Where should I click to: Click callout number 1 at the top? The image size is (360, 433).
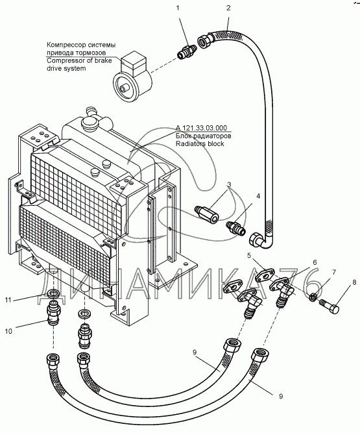[x=178, y=8]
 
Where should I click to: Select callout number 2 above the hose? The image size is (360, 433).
[x=228, y=8]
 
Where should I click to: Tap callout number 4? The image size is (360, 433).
[x=258, y=196]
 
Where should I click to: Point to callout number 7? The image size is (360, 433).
[x=334, y=273]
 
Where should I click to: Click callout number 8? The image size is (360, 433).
[x=354, y=282]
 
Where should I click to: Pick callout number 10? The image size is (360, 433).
[x=8, y=331]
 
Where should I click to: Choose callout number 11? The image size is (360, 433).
[x=8, y=300]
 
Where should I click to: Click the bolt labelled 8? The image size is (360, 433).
[x=330, y=306]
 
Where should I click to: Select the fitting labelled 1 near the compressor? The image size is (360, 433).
[x=187, y=52]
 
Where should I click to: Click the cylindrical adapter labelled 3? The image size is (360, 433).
[x=206, y=214]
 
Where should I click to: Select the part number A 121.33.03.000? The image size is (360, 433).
[x=201, y=128]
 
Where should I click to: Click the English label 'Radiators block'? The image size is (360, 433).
[x=200, y=143]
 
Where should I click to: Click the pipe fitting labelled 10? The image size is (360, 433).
[x=54, y=313]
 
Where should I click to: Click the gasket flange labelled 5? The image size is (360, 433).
[x=264, y=275]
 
